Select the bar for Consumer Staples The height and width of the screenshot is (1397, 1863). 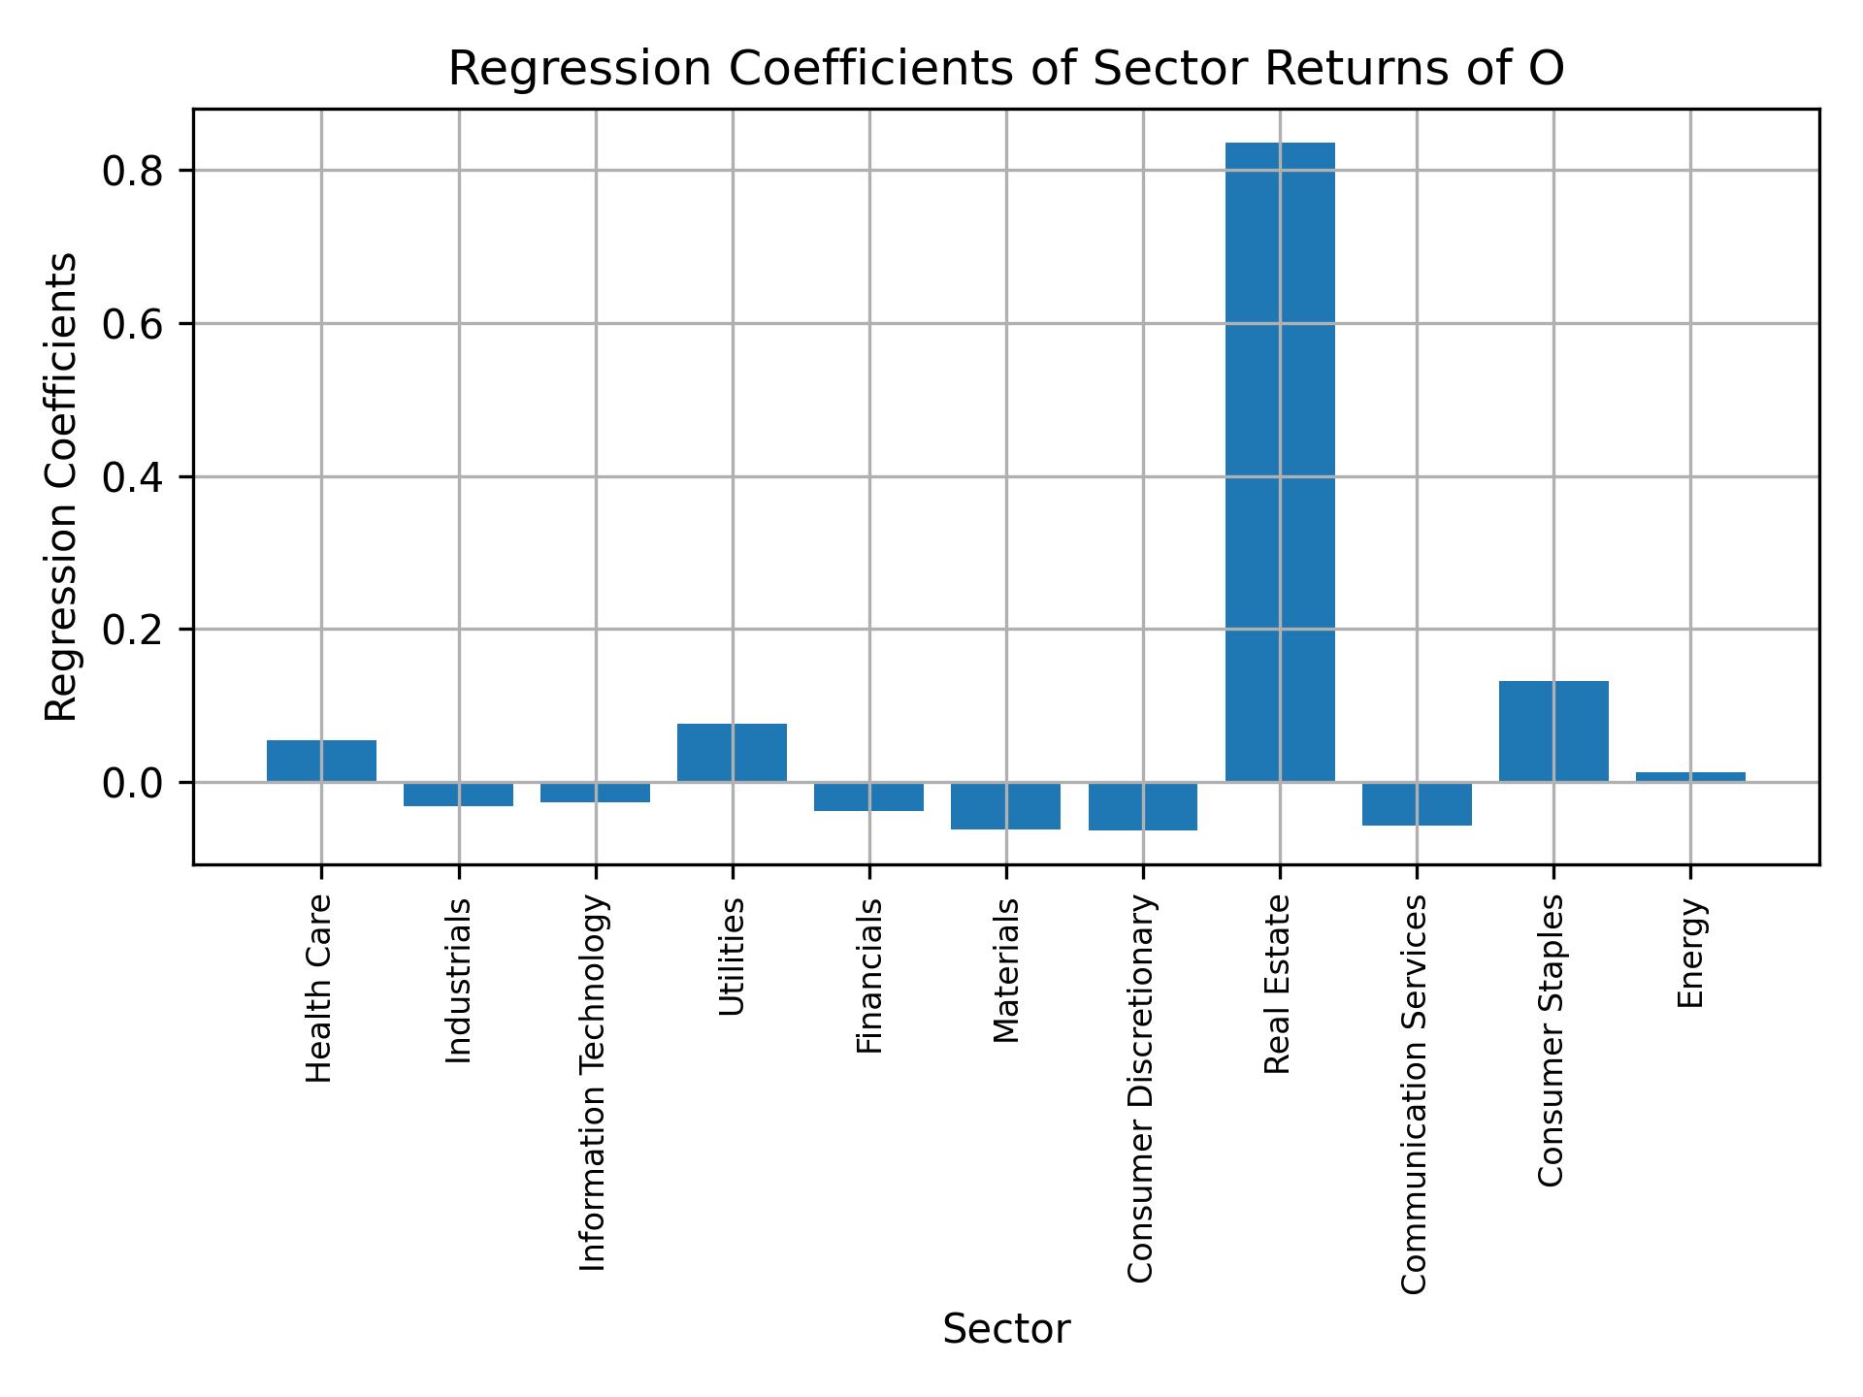tap(1552, 731)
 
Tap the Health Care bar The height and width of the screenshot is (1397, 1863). tap(321, 761)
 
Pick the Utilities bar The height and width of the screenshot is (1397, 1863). tap(732, 753)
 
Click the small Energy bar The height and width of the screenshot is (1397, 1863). tap(1689, 777)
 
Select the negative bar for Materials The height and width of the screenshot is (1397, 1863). tap(1005, 805)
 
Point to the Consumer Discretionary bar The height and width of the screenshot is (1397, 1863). tap(1142, 806)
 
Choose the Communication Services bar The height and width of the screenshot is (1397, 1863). tap(1416, 803)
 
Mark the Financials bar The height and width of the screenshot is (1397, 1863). tap(868, 796)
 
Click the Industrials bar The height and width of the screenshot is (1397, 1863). tap(458, 794)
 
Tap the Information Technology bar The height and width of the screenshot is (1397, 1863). tap(595, 792)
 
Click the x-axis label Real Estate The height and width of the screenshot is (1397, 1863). tap(1278, 984)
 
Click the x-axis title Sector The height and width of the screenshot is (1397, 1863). tap(1006, 1329)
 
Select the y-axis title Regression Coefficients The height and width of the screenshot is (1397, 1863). tap(62, 487)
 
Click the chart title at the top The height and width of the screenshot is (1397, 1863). tap(1005, 69)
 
